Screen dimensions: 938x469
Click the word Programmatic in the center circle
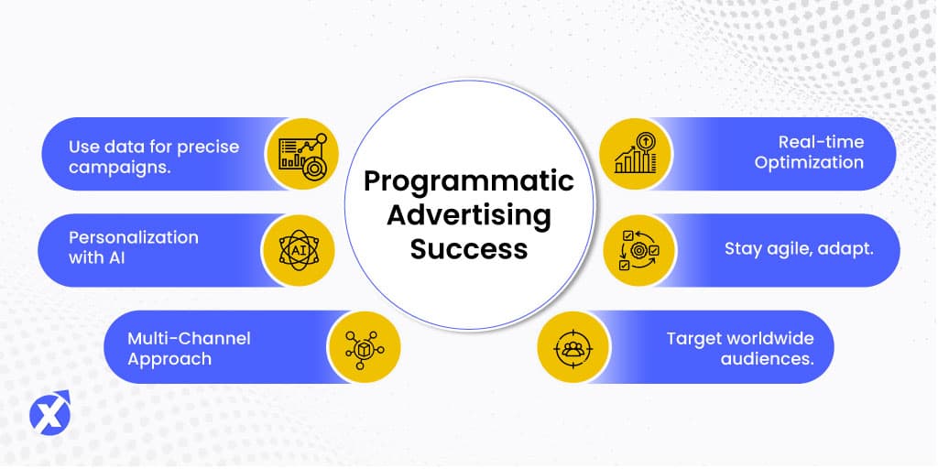tap(469, 182)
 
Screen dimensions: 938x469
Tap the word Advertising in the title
tap(469, 216)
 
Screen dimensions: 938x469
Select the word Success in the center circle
tap(469, 248)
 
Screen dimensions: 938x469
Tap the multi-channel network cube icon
tap(365, 347)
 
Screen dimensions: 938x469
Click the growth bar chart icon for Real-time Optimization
tap(636, 153)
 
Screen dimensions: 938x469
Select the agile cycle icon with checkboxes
tap(638, 250)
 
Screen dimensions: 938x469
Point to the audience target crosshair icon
tap(573, 347)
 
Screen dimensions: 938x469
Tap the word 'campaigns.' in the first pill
tap(120, 168)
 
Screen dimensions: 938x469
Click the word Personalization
tap(134, 237)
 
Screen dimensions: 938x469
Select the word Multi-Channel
tap(189, 339)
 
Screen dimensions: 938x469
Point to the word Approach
tap(169, 360)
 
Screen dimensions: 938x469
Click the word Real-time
tap(821, 142)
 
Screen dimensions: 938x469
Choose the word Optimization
tap(809, 163)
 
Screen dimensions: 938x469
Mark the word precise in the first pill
tap(207, 147)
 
